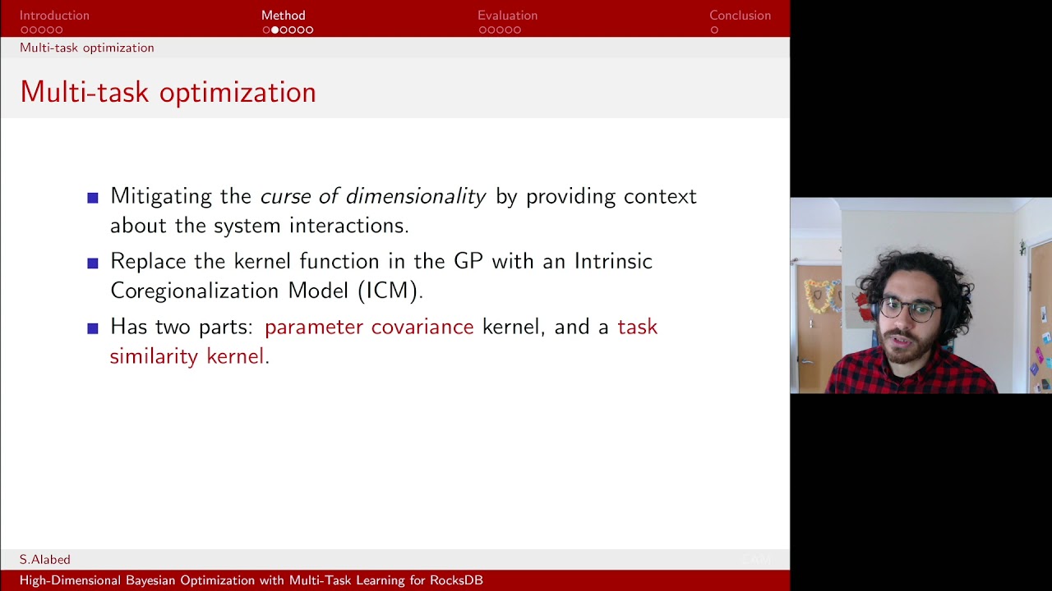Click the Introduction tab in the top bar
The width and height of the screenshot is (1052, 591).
tap(54, 16)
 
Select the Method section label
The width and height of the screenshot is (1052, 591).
tap(283, 16)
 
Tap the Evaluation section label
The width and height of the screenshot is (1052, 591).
tap(507, 16)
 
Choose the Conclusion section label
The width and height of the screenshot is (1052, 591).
tap(740, 16)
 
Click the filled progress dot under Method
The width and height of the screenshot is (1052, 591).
tap(275, 30)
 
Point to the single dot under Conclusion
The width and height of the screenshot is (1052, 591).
tap(714, 30)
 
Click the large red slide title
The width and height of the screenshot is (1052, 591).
tap(168, 92)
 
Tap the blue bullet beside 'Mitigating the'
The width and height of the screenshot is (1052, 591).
tap(93, 198)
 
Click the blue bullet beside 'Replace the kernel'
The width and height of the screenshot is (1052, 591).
tap(93, 263)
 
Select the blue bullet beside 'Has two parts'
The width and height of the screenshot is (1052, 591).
tap(93, 328)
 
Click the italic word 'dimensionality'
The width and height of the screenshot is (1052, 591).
tap(416, 196)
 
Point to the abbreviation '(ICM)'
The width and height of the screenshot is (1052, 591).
tap(390, 291)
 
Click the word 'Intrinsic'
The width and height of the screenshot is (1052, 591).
tap(613, 261)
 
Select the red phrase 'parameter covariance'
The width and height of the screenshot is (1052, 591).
tap(369, 327)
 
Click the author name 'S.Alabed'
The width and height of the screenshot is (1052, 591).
tap(45, 559)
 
